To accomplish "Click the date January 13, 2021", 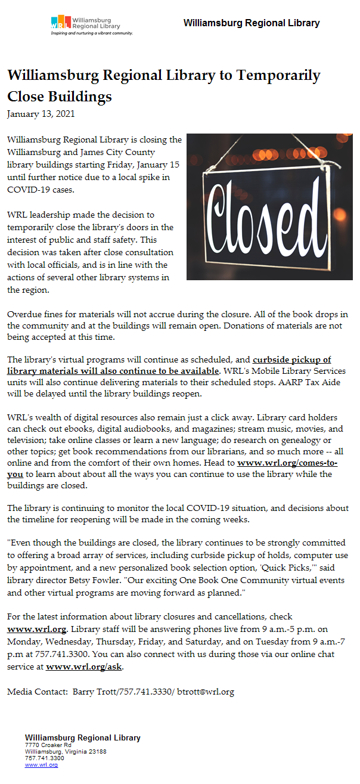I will [x=41, y=113].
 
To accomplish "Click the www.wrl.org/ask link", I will [x=84, y=667].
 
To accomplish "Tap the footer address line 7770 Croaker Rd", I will [x=48, y=745].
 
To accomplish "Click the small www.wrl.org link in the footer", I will [x=41, y=764].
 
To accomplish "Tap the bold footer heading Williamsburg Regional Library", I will [x=83, y=737].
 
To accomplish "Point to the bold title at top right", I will [x=252, y=23].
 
